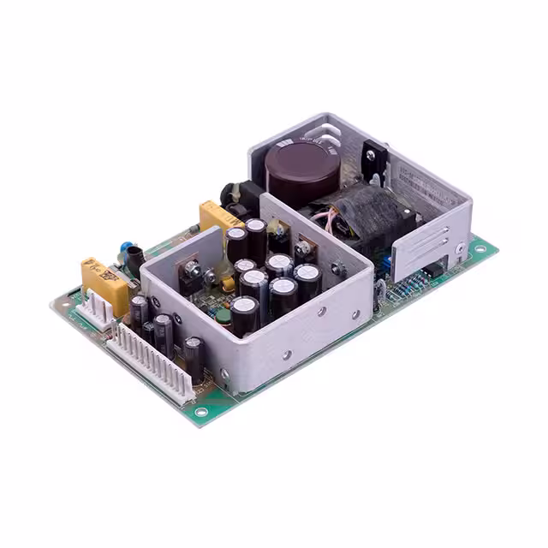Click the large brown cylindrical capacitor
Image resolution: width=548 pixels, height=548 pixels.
301,170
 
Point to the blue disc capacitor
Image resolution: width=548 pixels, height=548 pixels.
127,249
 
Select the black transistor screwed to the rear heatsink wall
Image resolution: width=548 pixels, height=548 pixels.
374,163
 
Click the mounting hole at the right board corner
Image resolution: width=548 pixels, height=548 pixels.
480,249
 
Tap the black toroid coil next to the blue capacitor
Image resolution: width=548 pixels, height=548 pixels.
135,261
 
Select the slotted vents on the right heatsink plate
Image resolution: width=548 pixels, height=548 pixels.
423,247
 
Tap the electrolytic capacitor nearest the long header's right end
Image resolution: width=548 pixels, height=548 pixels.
195,358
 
